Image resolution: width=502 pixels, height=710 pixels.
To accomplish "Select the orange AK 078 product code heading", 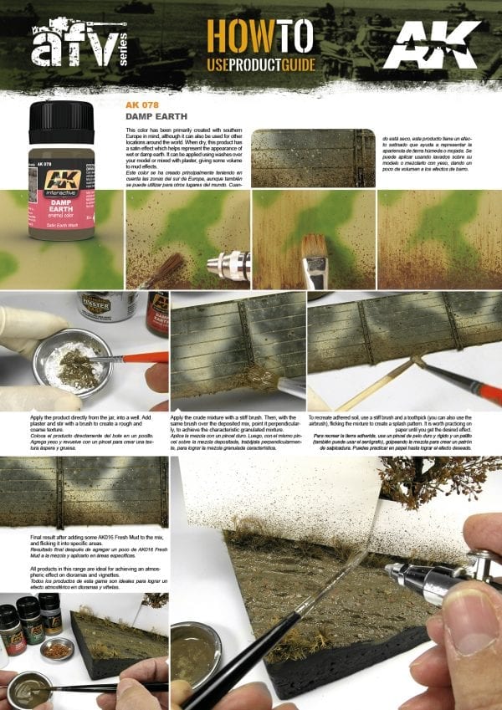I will pos(141,106).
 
